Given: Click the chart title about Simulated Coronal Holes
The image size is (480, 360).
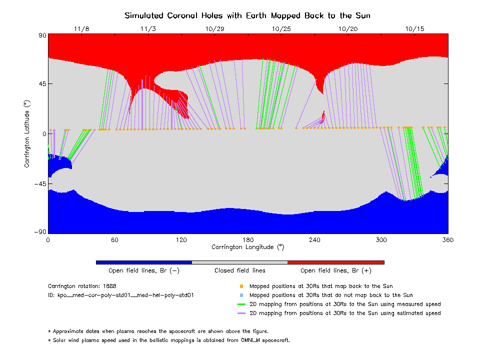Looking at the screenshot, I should pyautogui.click(x=247, y=15).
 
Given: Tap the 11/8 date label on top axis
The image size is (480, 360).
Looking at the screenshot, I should pyautogui.click(x=81, y=29).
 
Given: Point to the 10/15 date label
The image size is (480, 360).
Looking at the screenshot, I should pyautogui.click(x=415, y=29).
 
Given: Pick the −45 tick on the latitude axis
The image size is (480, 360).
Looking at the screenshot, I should pyautogui.click(x=39, y=183).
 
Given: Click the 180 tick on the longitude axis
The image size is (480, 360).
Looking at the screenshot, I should pyautogui.click(x=248, y=240).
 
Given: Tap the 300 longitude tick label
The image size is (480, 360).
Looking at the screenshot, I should pyautogui.click(x=381, y=240).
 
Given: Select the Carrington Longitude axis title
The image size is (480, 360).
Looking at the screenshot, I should pyautogui.click(x=247, y=247).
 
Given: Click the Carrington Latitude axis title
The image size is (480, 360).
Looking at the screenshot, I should pyautogui.click(x=27, y=133).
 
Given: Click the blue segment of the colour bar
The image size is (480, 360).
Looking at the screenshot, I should pyautogui.click(x=144, y=262).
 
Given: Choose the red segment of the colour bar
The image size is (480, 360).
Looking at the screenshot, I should pyautogui.click(x=335, y=262).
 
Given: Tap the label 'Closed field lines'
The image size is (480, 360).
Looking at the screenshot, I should pyautogui.click(x=240, y=270).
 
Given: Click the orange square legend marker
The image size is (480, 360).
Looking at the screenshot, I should pyautogui.click(x=241, y=286).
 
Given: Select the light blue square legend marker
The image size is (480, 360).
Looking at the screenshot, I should pyautogui.click(x=241, y=295).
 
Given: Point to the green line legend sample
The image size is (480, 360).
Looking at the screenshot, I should pyautogui.click(x=242, y=304).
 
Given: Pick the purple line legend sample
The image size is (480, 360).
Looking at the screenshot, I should pyautogui.click(x=242, y=313).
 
